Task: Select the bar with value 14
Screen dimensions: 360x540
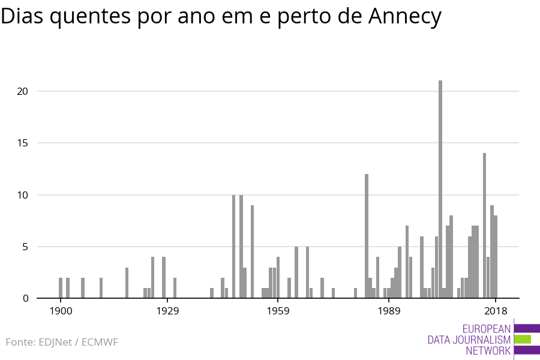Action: click(485, 226)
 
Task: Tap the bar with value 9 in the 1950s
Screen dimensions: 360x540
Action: click(253, 251)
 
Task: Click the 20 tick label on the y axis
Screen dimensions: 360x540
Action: click(23, 91)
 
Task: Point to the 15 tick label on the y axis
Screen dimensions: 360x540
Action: click(23, 143)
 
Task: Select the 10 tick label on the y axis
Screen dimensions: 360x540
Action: click(23, 195)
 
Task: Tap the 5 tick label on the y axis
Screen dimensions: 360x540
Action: click(25, 247)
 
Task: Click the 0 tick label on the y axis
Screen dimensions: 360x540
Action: click(25, 298)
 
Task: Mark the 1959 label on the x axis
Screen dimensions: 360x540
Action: click(278, 311)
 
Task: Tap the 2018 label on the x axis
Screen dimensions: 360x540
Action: click(496, 311)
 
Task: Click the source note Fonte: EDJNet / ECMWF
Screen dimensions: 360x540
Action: click(62, 342)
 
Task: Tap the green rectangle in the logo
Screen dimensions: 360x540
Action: click(523, 339)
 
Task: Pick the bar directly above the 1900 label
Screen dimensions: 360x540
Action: click(61, 288)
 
